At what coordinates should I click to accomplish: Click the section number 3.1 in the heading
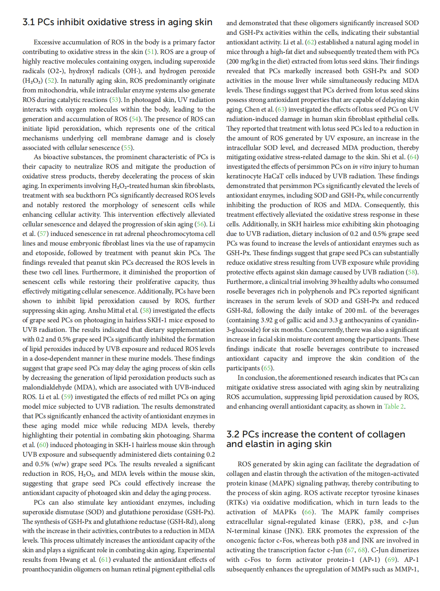coord(29,22)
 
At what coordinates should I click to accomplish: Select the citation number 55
coord(127,148)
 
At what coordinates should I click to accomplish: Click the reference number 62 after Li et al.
coord(310,42)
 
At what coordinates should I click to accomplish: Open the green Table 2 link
coord(394,407)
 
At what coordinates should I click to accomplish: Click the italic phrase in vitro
coord(361,167)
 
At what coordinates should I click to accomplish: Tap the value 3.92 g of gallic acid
coord(267,320)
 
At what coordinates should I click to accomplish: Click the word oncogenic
coord(243,541)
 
